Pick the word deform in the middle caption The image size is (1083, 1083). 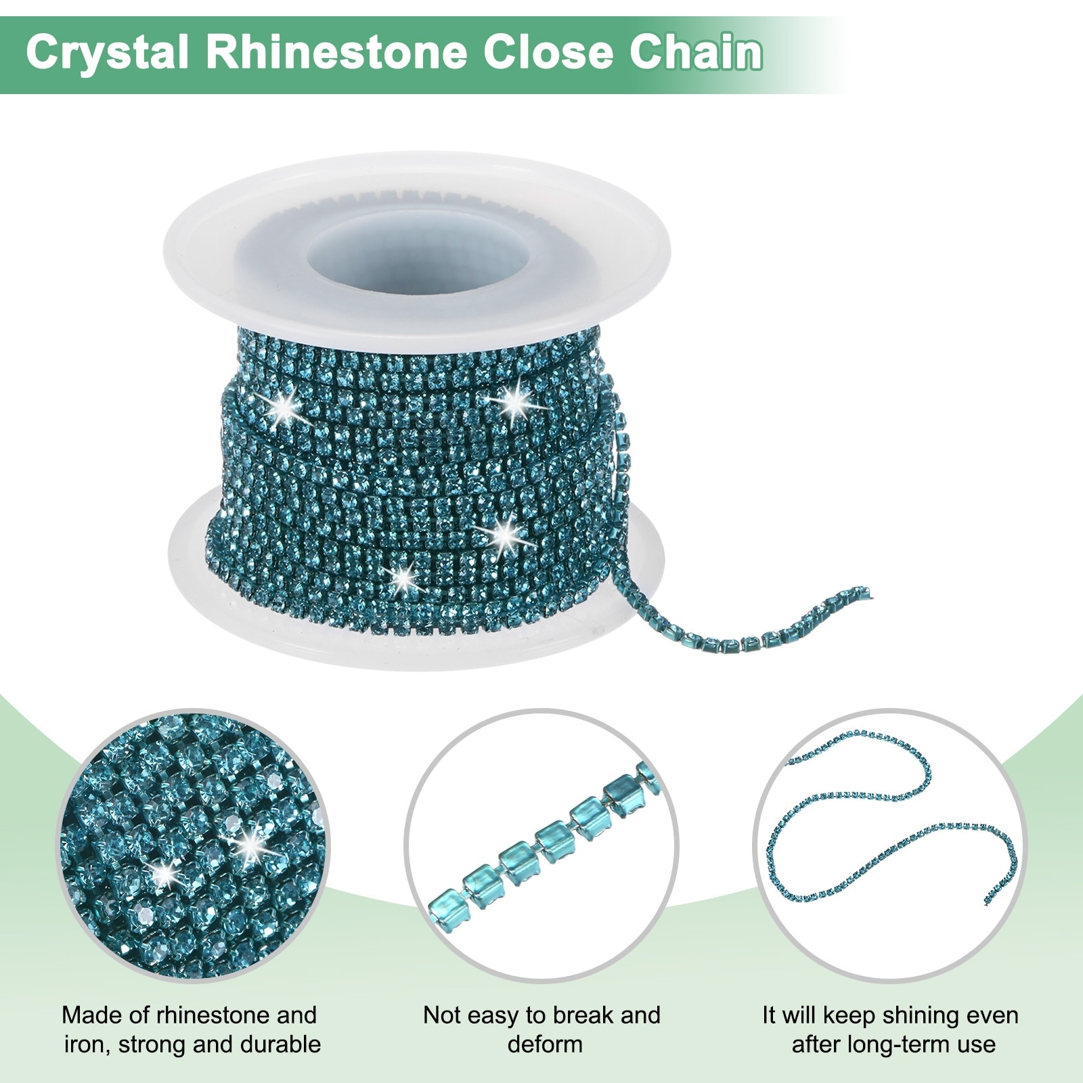(x=545, y=1044)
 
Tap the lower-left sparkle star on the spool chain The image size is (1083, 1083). (x=402, y=577)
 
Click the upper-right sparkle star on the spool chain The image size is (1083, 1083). (x=516, y=402)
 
